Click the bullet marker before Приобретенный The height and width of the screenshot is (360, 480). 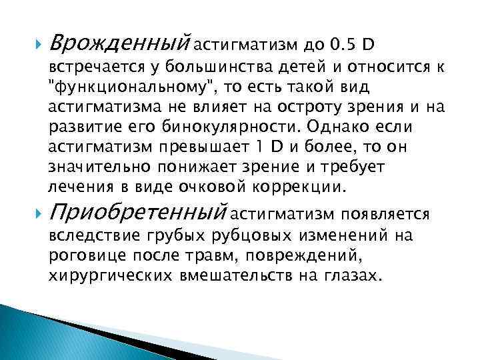[35, 213]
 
